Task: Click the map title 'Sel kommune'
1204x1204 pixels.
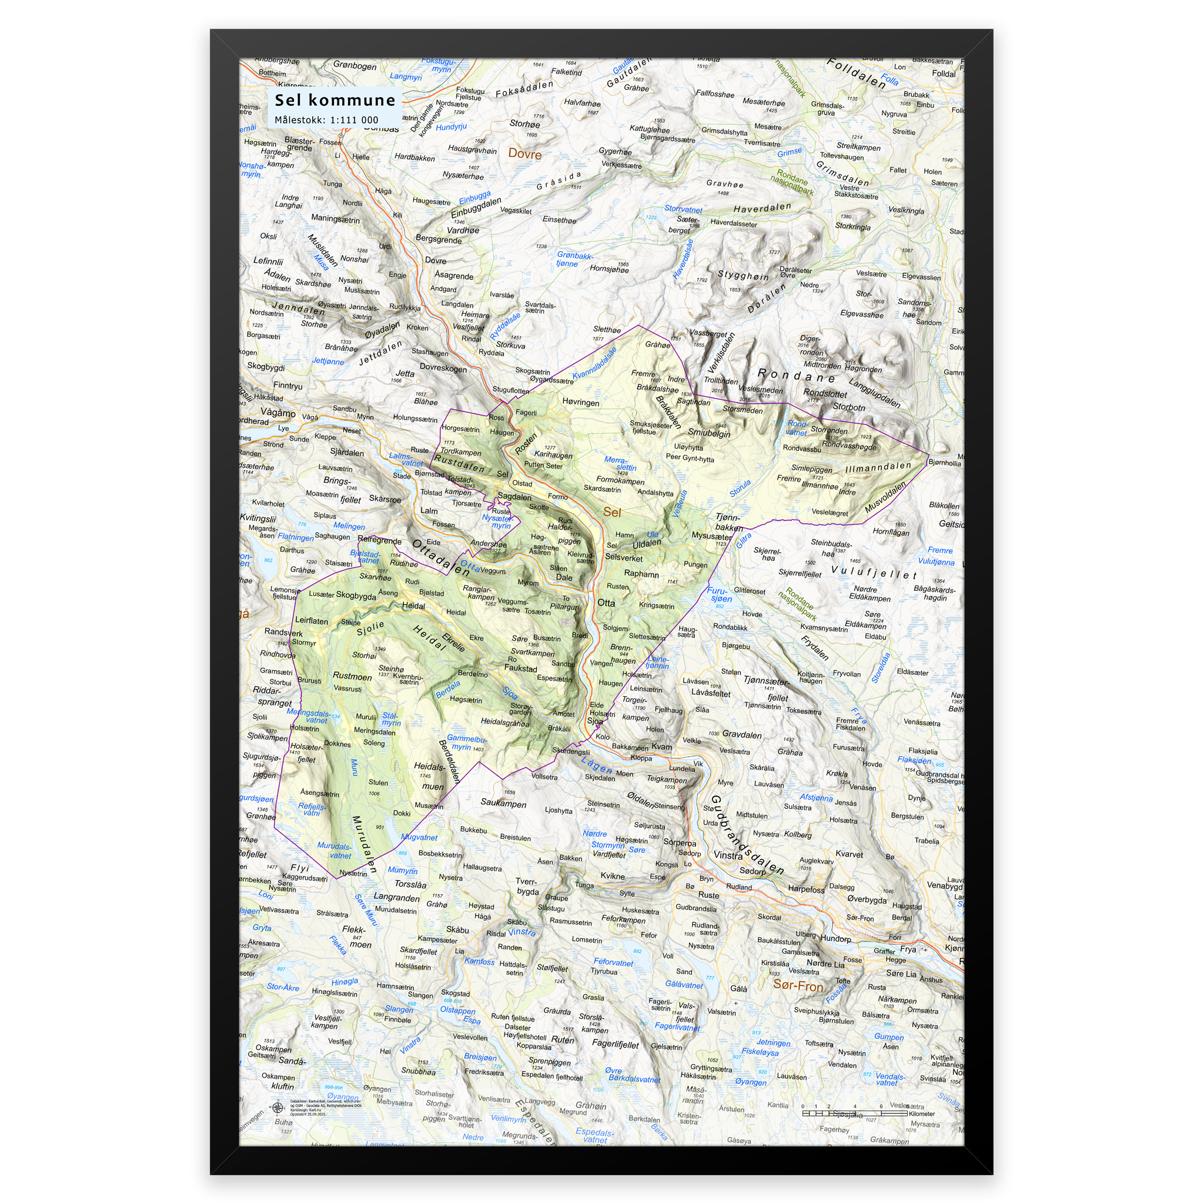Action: tap(335, 101)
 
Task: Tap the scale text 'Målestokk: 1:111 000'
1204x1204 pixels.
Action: tap(326, 120)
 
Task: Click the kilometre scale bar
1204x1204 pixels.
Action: tap(854, 1112)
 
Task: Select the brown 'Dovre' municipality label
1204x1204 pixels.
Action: tap(525, 154)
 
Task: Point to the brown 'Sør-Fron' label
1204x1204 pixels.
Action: tap(798, 985)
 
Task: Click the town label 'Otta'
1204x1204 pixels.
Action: tap(606, 603)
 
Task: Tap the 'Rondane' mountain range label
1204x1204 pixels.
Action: tap(796, 375)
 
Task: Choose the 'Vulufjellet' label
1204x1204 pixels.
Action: tap(874, 572)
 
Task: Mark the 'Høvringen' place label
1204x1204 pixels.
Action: tap(580, 403)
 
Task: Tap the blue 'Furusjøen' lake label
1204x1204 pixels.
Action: tap(719, 594)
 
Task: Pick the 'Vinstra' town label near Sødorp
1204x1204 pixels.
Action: tap(728, 855)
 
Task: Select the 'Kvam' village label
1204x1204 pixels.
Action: tap(662, 747)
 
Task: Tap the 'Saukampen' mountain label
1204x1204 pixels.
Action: tap(503, 803)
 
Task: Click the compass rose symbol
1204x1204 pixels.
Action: tap(277, 1108)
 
